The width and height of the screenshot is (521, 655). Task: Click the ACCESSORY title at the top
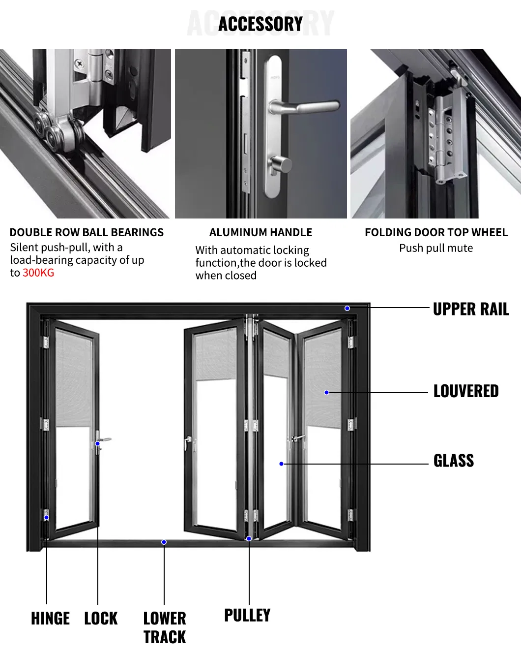(260, 24)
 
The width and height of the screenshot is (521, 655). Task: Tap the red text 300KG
(38, 273)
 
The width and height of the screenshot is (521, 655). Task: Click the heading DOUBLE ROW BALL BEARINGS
(87, 232)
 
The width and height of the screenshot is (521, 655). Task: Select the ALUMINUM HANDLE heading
(260, 232)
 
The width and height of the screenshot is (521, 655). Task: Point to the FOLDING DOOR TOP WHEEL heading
(436, 232)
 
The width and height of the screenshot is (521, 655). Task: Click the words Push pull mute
(436, 248)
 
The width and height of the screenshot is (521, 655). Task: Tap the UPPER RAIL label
(470, 309)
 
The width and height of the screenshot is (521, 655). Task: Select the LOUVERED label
(465, 391)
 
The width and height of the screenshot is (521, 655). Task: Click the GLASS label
(453, 461)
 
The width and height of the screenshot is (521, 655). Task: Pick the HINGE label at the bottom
(50, 618)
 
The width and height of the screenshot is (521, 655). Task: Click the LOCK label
(101, 618)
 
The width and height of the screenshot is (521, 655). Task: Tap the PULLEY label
(247, 615)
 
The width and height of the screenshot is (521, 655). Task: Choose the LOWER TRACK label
(164, 627)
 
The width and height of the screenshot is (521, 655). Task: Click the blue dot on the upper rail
(347, 308)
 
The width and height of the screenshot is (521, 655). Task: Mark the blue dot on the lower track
(164, 542)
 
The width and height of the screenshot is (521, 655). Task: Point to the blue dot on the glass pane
(281, 464)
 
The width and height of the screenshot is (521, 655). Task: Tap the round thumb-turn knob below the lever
(280, 164)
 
